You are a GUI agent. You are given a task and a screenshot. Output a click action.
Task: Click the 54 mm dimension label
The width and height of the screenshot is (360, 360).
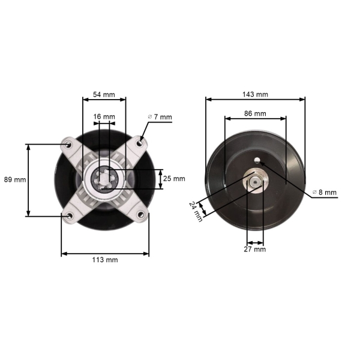coord(104,95)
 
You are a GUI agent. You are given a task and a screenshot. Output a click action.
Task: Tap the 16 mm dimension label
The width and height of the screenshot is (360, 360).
coord(104,116)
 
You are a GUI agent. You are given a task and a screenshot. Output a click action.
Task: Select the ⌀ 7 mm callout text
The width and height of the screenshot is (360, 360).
coord(160,117)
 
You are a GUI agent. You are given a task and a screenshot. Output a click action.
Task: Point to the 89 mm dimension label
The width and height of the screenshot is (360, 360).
coord(15,179)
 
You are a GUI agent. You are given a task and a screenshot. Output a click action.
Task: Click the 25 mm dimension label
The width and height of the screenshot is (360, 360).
coord(174,179)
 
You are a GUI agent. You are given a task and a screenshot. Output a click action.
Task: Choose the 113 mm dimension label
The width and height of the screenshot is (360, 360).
coord(105,260)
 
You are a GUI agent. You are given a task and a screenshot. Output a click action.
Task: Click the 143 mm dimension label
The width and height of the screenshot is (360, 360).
coord(255,94)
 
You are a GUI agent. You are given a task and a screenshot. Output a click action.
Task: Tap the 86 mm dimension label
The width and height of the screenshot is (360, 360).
coord(255,113)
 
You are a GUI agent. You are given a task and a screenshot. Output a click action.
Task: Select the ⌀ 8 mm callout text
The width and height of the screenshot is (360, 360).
coord(325,192)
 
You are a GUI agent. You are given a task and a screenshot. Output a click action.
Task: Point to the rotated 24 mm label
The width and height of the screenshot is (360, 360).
coord(196,212)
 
